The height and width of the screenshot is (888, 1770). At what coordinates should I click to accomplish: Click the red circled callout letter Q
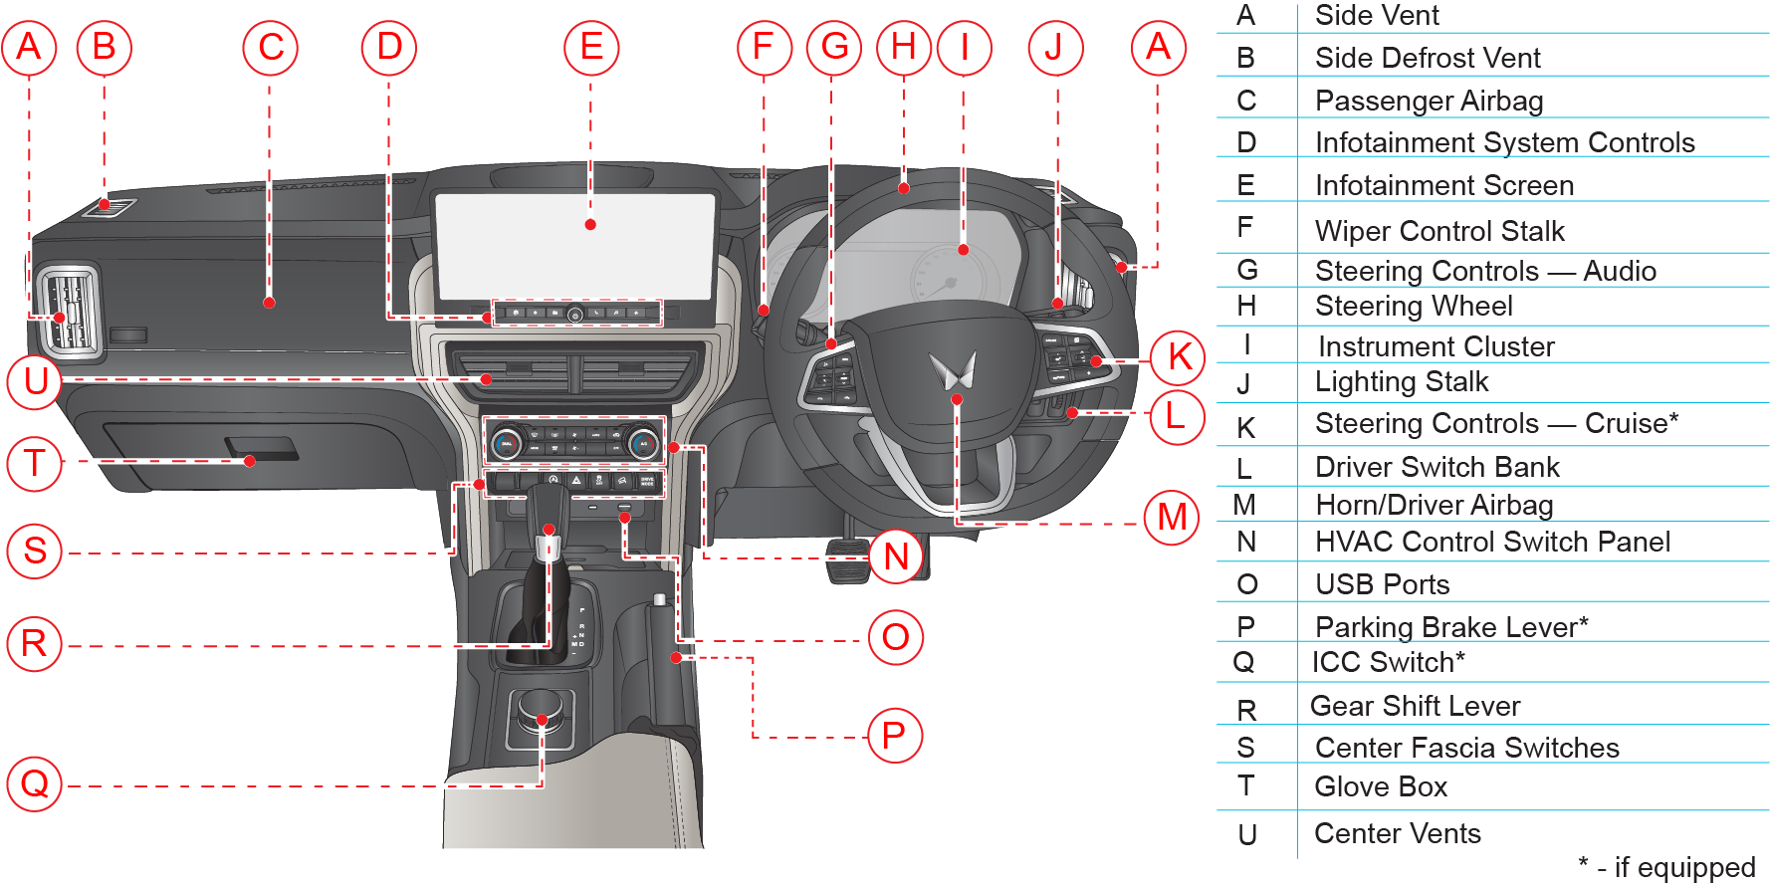pos(35,783)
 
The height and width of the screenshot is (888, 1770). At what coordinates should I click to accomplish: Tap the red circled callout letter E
pos(591,47)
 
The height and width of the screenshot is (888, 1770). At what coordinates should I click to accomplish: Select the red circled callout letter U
pos(36,381)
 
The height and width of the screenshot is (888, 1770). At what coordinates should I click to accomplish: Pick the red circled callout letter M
pos(1172,517)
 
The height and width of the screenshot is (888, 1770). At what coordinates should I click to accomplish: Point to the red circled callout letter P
pos(895,736)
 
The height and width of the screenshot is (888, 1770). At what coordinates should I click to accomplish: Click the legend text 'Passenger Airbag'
pos(1429,101)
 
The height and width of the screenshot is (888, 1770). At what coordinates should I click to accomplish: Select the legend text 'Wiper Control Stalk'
pos(1439,231)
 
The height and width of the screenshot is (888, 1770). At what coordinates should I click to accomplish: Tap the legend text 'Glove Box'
pos(1381,786)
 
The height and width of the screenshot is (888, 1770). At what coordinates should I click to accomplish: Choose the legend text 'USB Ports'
pos(1382,584)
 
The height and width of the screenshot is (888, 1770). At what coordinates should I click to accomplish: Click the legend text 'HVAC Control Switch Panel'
pos(1492,542)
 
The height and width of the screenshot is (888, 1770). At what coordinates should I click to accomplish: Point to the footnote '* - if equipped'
pos(1666,867)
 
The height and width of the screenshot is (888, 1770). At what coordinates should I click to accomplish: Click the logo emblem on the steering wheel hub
pos(953,370)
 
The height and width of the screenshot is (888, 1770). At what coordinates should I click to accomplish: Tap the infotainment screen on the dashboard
pos(575,245)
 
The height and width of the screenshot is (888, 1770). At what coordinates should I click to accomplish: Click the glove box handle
pos(262,449)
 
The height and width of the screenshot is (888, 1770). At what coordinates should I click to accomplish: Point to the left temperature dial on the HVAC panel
pos(507,443)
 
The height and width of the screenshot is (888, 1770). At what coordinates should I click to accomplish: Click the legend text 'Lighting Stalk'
pos(1401,381)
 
